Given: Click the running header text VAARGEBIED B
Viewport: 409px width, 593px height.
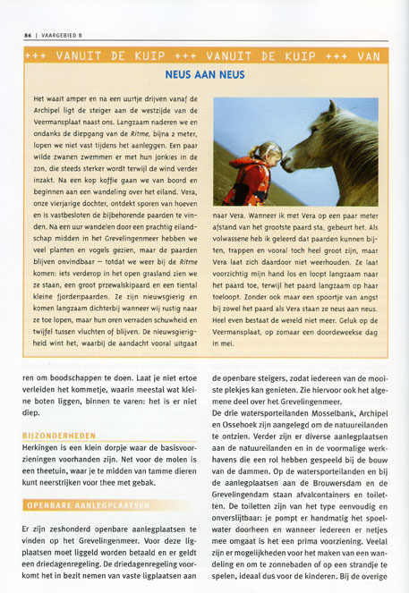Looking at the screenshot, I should tap(62, 36).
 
